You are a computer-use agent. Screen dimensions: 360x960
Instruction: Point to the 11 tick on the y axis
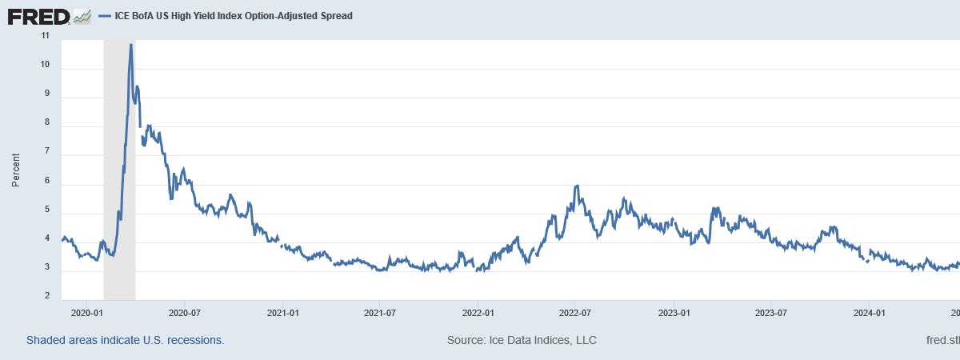[44, 36]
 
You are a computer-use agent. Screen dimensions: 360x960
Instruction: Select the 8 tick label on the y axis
[46, 123]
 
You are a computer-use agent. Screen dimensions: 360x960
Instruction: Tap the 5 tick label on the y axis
[46, 210]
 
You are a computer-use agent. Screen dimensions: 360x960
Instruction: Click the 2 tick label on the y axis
[46, 297]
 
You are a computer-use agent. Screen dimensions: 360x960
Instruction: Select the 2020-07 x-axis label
[183, 313]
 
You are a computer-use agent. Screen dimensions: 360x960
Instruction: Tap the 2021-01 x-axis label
[282, 313]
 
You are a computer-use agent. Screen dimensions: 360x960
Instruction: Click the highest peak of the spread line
[130, 45]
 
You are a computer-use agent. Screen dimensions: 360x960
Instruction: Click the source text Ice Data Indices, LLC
[522, 340]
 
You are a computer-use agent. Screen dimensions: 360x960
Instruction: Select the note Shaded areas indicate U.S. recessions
[125, 340]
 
